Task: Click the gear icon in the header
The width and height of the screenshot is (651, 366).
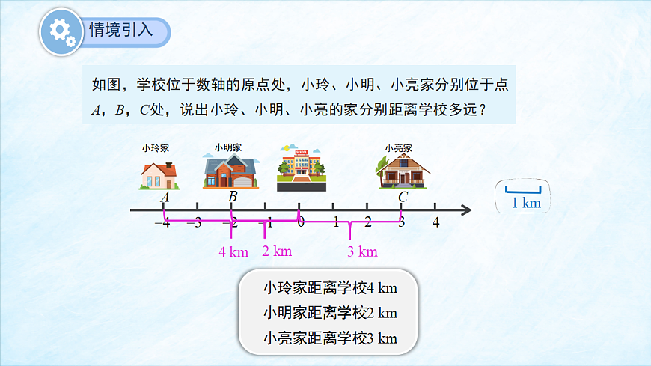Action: [61, 32]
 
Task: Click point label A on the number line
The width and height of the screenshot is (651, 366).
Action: [165, 197]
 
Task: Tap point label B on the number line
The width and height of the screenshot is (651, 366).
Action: [233, 197]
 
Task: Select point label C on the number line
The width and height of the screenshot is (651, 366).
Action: [403, 197]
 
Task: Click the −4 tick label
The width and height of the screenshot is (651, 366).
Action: [162, 222]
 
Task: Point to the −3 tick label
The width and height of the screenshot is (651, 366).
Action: [194, 222]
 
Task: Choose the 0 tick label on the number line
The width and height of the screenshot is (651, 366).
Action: [300, 222]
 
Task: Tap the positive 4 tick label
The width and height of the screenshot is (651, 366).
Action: [435, 222]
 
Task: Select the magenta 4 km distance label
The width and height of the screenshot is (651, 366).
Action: [233, 252]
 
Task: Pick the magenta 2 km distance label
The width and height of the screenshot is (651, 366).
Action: [277, 251]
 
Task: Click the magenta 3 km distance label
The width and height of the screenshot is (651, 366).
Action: [362, 252]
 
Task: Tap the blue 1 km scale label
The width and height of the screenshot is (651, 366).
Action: [525, 203]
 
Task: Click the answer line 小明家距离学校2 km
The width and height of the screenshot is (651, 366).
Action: [329, 312]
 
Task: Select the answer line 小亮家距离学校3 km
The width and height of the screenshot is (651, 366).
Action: [329, 338]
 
